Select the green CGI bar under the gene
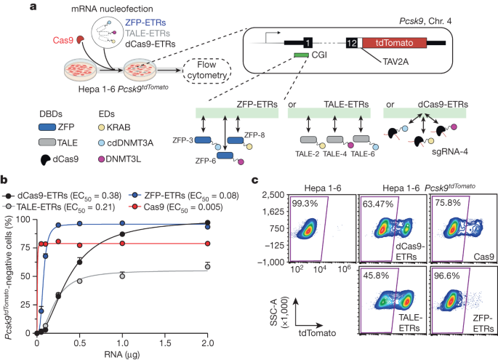(300, 56)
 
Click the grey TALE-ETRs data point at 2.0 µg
(207, 266)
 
